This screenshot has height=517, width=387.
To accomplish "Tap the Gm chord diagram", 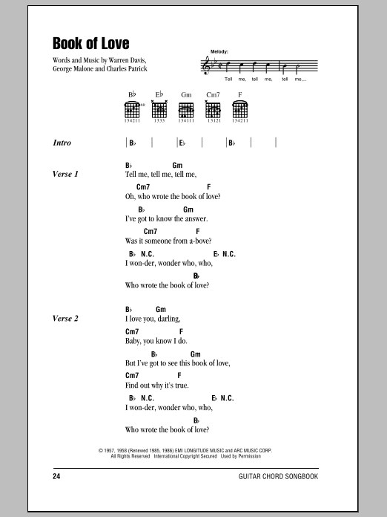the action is (185, 110).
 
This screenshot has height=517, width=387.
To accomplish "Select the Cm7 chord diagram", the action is (213, 110).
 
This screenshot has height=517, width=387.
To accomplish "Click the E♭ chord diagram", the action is (159, 110).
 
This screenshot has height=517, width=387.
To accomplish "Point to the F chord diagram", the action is (239, 110).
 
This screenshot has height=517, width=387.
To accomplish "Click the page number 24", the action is (57, 475).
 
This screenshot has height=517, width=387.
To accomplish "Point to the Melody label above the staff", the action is (219, 52).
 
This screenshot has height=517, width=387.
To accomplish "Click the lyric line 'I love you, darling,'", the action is (159, 319).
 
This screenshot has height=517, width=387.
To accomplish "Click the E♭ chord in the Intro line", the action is (181, 142).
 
